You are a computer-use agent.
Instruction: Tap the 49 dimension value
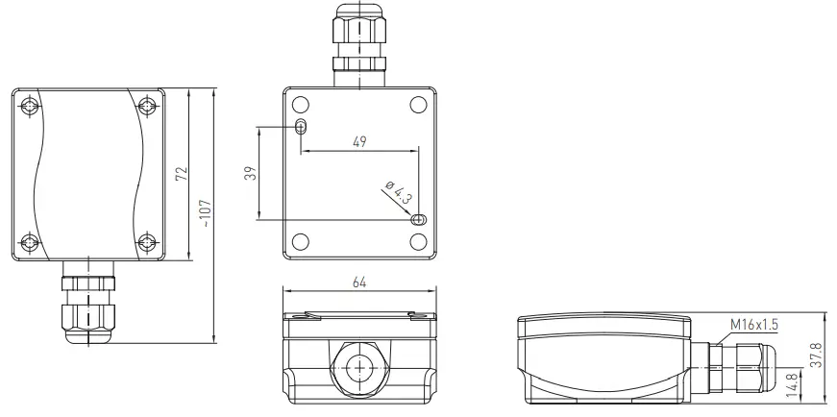pyautogui.click(x=359, y=142)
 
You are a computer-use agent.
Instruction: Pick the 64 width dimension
pyautogui.click(x=359, y=282)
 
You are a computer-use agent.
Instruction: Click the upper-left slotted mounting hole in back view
pyautogui.click(x=302, y=127)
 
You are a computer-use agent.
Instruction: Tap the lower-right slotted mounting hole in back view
pyautogui.click(x=417, y=220)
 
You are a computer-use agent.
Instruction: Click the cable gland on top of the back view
pyautogui.click(x=358, y=43)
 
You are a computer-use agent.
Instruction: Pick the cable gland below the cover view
pyautogui.click(x=88, y=306)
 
